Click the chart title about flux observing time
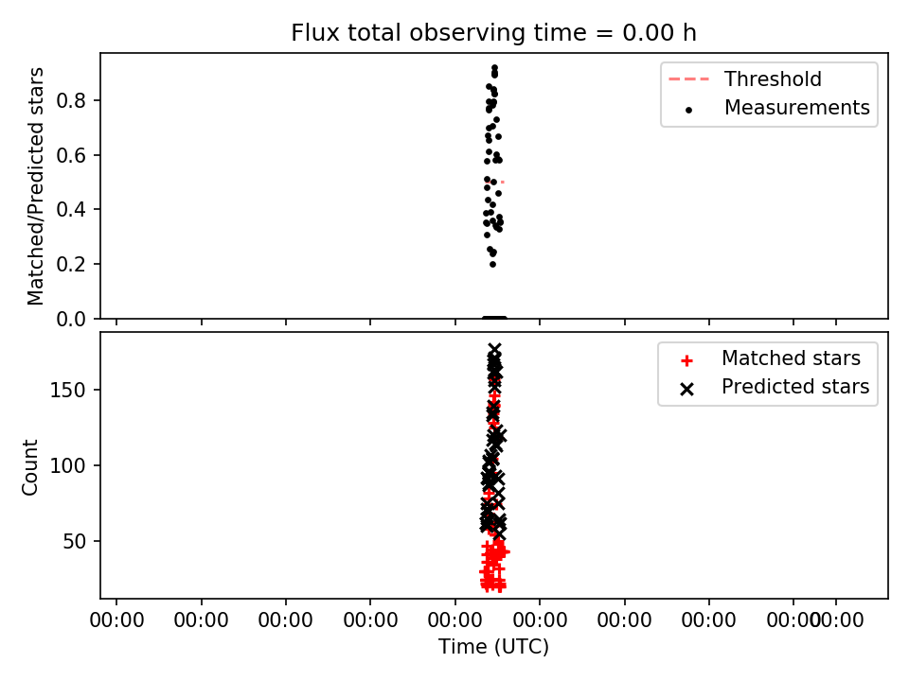[493, 33]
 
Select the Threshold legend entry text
[773, 79]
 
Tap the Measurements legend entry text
[797, 108]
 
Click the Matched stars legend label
[791, 358]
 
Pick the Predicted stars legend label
[795, 387]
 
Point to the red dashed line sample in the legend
[688, 79]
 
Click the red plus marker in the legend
[687, 361]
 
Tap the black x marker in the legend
[687, 389]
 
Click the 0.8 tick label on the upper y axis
[71, 101]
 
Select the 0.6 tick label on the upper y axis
[71, 155]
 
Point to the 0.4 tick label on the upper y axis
[71, 210]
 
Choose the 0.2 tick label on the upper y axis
[71, 264]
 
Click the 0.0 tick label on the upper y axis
[71, 319]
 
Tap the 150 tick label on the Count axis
[67, 391]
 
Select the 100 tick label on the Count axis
[67, 465]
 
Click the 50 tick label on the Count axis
[74, 541]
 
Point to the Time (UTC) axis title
[493, 646]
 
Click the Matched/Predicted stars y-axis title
[35, 186]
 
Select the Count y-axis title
[29, 466]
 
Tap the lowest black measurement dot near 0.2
[492, 265]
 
